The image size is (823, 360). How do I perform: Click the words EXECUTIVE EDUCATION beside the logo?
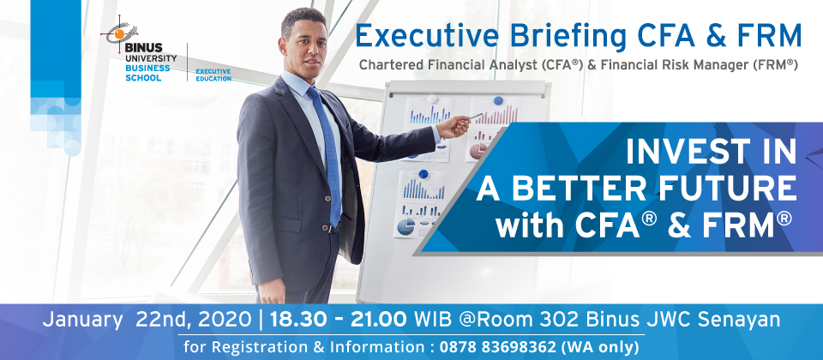(x=213, y=75)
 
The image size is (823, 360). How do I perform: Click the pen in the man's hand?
(x=476, y=116)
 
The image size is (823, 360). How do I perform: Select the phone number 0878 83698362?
(x=497, y=347)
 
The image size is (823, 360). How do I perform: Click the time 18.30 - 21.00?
(x=338, y=319)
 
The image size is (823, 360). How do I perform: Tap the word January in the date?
(x=82, y=320)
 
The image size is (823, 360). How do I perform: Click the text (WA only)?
(x=599, y=347)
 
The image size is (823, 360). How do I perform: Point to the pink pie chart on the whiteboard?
(x=478, y=151)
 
